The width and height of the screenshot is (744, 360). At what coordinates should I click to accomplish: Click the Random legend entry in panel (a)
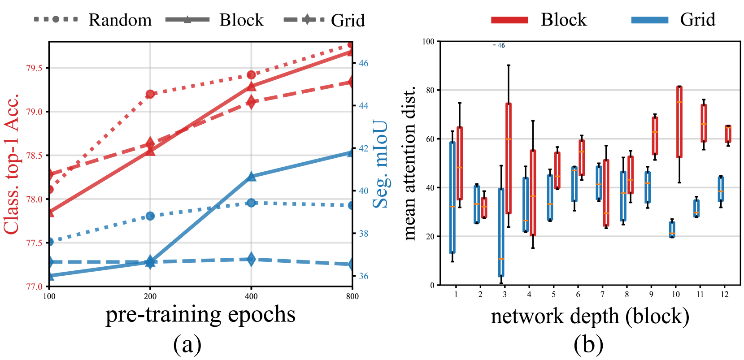tap(93, 20)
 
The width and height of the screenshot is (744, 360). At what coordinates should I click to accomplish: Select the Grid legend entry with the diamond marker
tap(324, 20)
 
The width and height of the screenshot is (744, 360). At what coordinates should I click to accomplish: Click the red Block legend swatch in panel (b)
tap(509, 20)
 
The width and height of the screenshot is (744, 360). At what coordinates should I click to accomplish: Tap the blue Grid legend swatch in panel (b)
tap(649, 20)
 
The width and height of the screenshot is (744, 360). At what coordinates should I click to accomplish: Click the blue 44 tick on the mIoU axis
tap(363, 106)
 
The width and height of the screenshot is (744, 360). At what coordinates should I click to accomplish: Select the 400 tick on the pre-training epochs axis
tap(251, 296)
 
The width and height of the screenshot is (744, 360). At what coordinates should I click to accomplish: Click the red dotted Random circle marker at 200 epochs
tap(150, 94)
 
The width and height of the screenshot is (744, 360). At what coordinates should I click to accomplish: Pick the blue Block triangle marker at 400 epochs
tap(251, 177)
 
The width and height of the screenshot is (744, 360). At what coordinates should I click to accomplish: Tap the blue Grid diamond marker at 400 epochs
tap(251, 259)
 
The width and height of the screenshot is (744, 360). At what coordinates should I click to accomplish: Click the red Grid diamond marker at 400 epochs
tap(251, 102)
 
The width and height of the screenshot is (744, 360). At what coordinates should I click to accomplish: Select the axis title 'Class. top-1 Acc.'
tap(12, 164)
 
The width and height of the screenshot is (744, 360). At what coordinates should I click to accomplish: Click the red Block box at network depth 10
tap(679, 122)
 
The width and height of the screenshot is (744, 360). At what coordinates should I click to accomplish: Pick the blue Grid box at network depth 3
tap(501, 232)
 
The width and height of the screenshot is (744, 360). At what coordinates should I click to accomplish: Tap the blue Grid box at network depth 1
tap(452, 198)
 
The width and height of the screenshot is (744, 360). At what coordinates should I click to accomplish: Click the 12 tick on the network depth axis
tap(725, 295)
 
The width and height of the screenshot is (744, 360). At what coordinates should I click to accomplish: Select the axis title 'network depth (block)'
tap(590, 317)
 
